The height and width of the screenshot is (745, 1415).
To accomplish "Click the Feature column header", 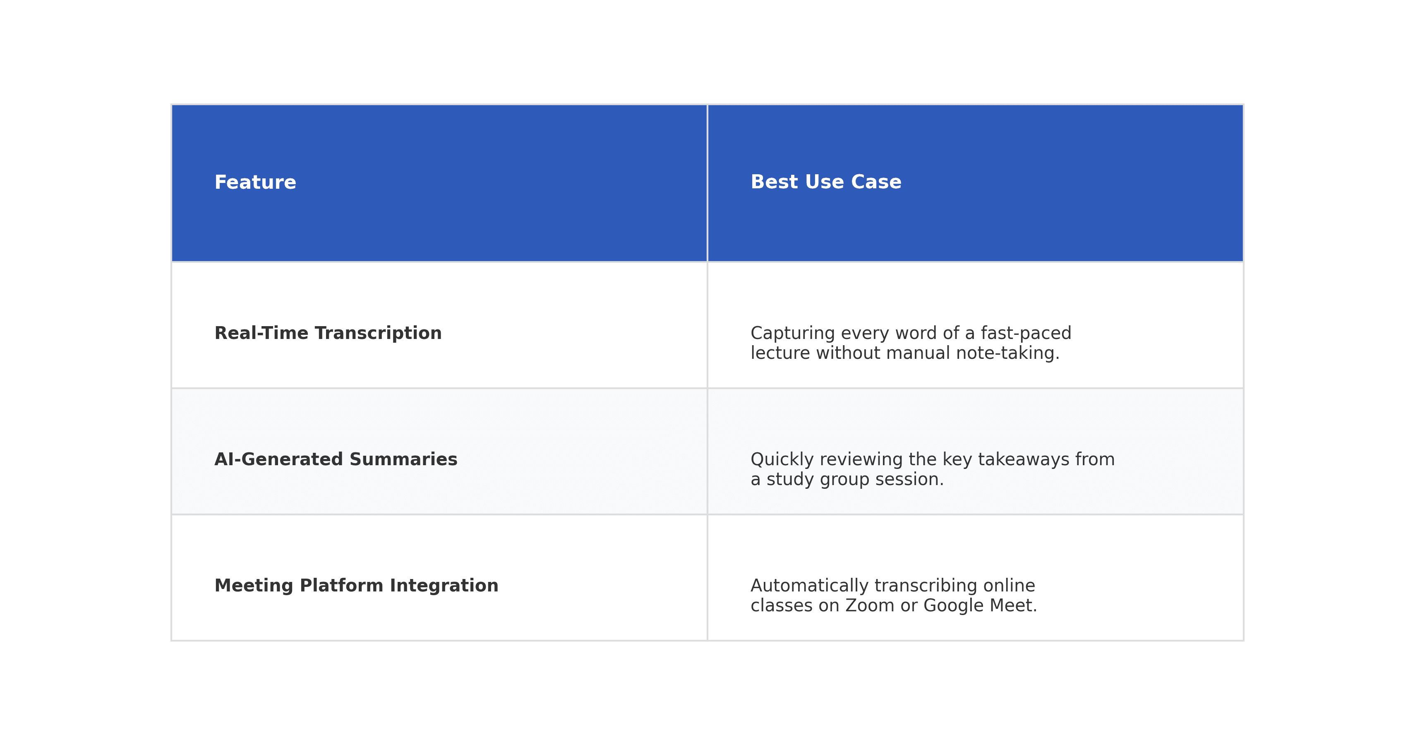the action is (255, 183).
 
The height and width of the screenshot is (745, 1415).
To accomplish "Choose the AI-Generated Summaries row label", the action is (336, 459).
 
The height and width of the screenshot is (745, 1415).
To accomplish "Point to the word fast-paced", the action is (1026, 334).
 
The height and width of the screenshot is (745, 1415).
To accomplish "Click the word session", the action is (909, 479).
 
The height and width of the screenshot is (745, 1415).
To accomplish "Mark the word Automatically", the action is (809, 586).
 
